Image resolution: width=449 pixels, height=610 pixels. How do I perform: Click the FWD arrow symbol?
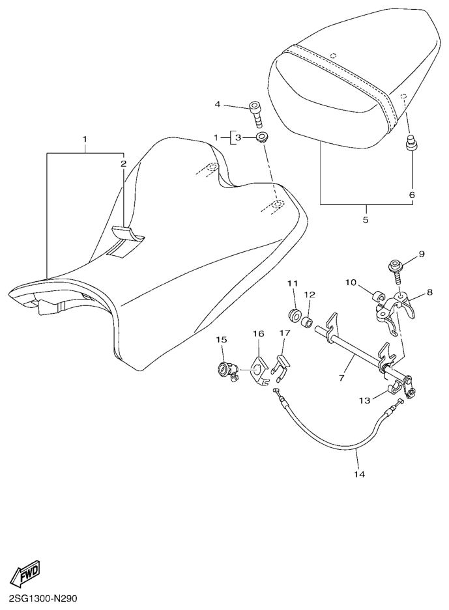[x=24, y=573]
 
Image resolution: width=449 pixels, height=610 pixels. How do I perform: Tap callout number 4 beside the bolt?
[x=218, y=104]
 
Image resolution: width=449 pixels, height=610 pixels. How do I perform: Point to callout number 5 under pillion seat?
[x=365, y=219]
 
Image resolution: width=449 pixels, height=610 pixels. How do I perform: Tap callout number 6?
[x=411, y=194]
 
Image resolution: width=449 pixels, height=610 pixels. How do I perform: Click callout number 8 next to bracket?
[x=429, y=294]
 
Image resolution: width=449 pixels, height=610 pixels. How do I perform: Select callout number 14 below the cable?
[x=359, y=474]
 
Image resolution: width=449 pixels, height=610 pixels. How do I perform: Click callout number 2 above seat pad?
[x=123, y=163]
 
